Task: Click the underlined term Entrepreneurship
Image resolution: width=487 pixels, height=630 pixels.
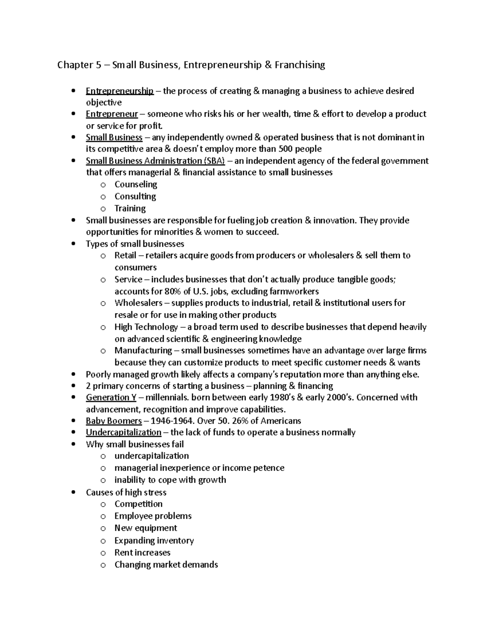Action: click(119, 91)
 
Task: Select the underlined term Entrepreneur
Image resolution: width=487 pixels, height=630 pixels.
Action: click(112, 114)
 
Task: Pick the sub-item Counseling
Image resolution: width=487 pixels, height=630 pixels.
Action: click(136, 184)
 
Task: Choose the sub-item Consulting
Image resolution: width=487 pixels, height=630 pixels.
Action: click(135, 196)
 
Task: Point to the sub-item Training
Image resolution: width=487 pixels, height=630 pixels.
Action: click(130, 209)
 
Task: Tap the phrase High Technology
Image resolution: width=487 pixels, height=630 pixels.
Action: click(146, 327)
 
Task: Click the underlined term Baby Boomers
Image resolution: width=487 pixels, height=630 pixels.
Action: click(114, 421)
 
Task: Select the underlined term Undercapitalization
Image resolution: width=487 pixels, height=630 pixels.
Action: click(123, 432)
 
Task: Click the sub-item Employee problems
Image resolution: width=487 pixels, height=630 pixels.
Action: click(153, 516)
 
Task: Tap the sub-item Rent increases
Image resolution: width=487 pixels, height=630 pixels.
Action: click(142, 553)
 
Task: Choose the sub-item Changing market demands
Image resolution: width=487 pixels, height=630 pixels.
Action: click(166, 565)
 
